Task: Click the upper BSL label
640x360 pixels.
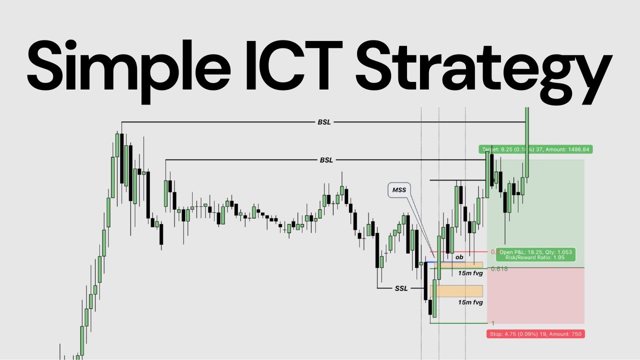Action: pyautogui.click(x=324, y=122)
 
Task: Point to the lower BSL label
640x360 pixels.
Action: pyautogui.click(x=326, y=160)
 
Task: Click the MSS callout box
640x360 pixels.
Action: pyautogui.click(x=399, y=190)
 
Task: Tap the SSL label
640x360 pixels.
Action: pyautogui.click(x=401, y=288)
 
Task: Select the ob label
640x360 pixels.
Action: pyautogui.click(x=459, y=257)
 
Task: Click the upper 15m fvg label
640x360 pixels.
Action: pyautogui.click(x=470, y=273)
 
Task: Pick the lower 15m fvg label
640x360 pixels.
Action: pyautogui.click(x=470, y=302)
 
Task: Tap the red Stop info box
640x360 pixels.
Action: pyautogui.click(x=535, y=333)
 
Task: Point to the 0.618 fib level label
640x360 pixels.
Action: pyautogui.click(x=499, y=269)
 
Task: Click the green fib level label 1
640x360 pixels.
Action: pyautogui.click(x=493, y=323)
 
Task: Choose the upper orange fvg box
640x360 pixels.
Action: pyautogui.click(x=467, y=265)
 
